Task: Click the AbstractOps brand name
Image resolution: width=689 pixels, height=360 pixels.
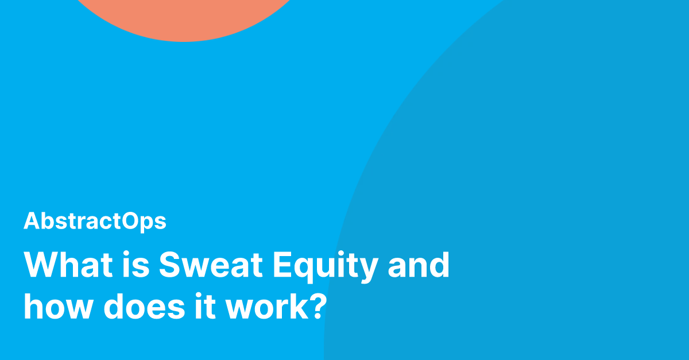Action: click(x=95, y=222)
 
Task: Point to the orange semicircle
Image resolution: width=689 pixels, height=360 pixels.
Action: click(x=184, y=17)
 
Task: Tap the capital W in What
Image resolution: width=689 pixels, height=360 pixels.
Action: click(x=41, y=265)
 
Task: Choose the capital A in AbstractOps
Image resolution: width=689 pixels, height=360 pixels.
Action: click(x=31, y=222)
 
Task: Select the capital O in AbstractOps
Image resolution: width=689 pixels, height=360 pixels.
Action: click(x=130, y=222)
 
